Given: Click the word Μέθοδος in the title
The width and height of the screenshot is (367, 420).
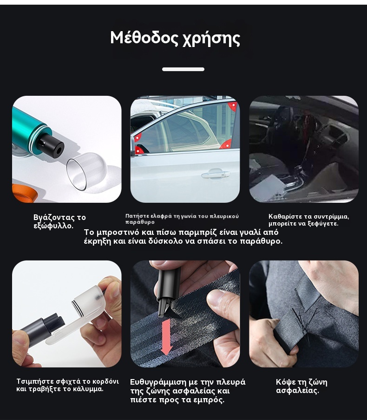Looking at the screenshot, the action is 144,37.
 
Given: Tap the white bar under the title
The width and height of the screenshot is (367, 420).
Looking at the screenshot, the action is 183,69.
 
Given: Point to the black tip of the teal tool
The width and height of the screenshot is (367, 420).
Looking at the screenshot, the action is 52,146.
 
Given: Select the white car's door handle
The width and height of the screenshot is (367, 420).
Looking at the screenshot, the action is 216,173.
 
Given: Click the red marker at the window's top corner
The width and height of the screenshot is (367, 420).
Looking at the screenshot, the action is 233,106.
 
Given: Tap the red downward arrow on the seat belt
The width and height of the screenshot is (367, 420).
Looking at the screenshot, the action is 166,337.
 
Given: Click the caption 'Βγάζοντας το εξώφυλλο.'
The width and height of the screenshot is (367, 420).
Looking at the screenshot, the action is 59,221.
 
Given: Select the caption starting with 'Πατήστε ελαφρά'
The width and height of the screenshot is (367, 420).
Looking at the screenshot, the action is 182,219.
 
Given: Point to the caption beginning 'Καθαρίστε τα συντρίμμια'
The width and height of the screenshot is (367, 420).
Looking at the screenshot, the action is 308,220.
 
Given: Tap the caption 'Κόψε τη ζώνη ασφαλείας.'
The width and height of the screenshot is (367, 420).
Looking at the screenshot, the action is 301,386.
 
